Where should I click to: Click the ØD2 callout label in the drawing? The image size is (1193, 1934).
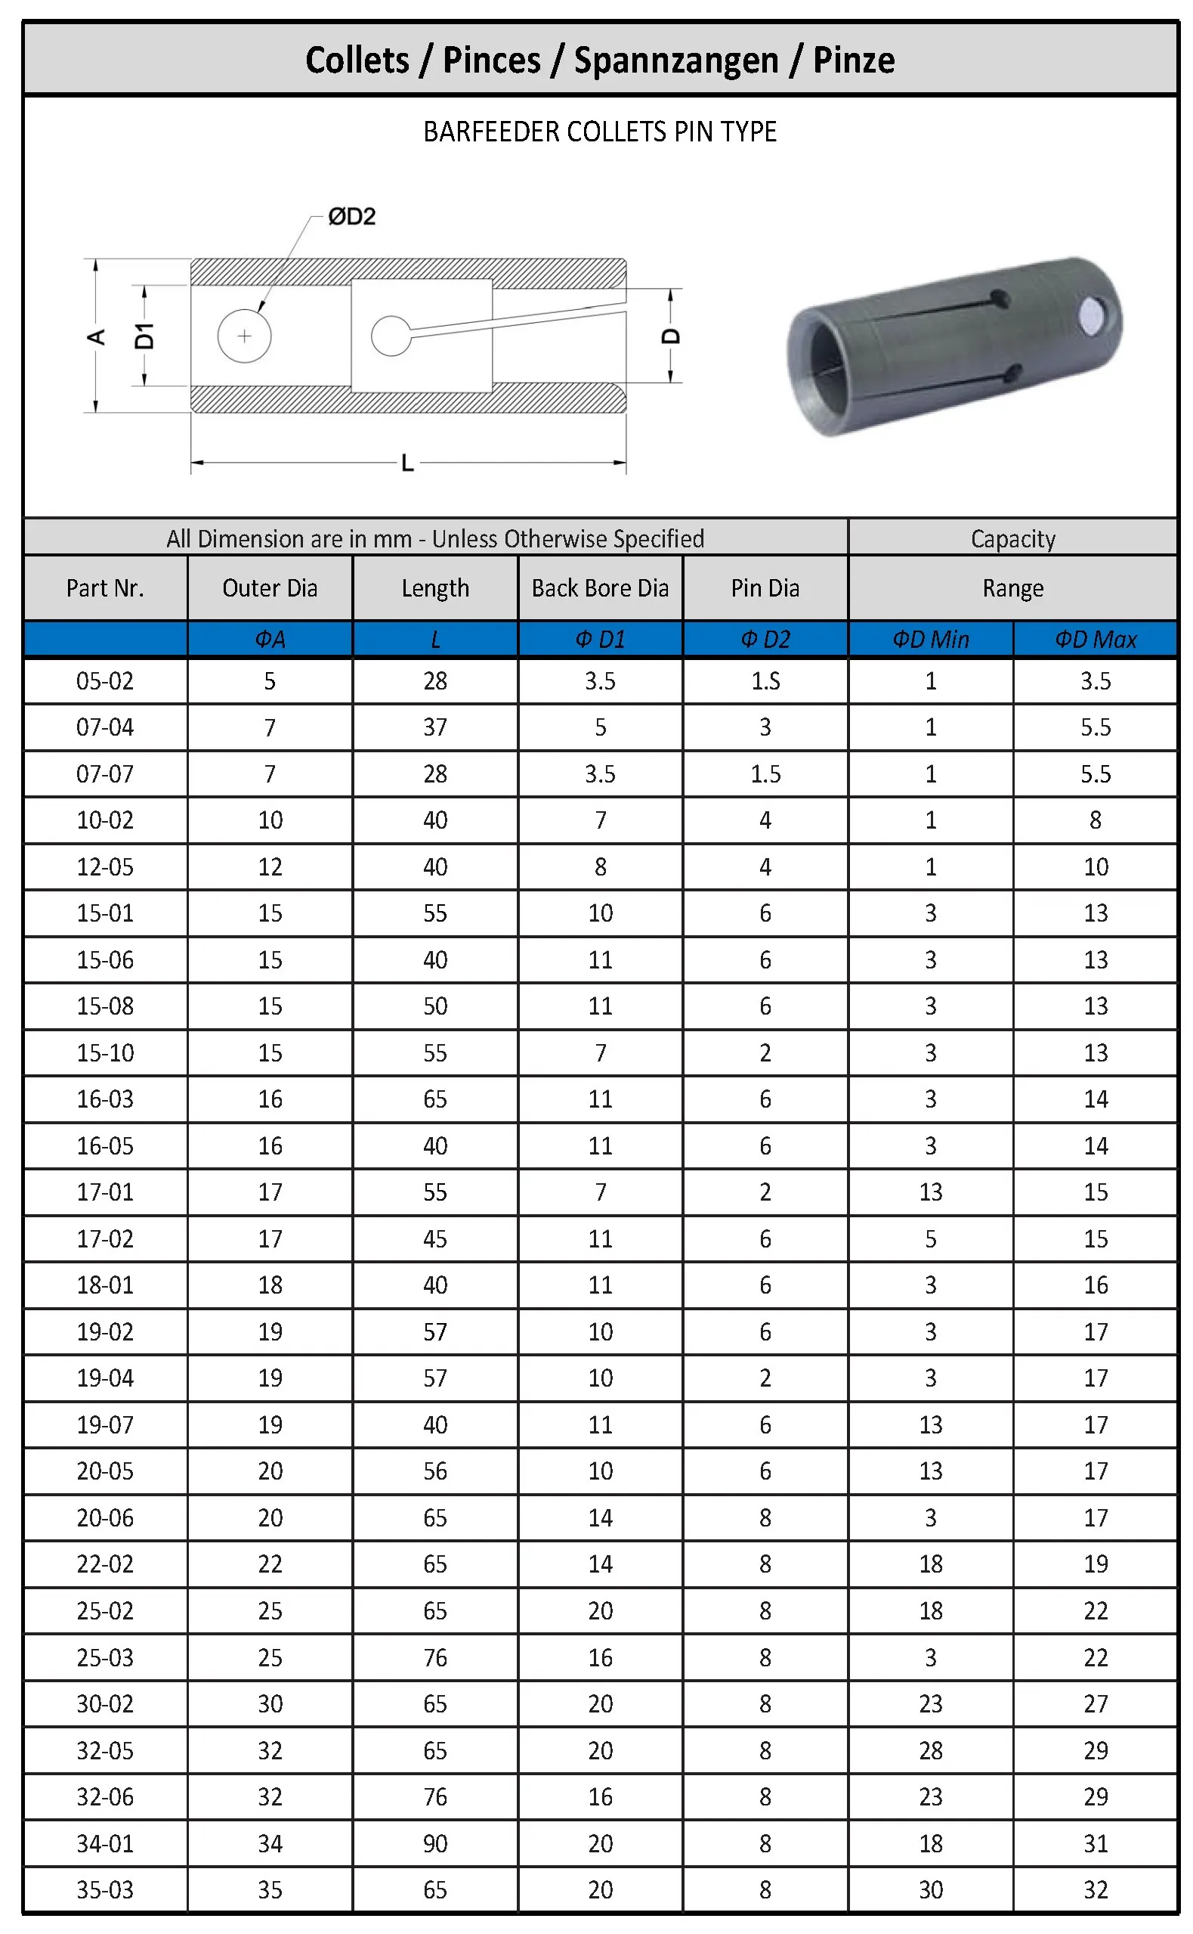click(352, 216)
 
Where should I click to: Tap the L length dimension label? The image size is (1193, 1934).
click(407, 463)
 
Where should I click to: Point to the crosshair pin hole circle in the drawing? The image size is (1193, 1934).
click(245, 336)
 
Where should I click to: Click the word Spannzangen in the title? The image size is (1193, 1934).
click(675, 60)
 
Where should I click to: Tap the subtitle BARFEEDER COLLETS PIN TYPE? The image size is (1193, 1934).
click(600, 132)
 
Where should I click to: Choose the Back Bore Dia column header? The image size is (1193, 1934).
click(600, 588)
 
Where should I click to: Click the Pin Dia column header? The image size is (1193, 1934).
click(765, 588)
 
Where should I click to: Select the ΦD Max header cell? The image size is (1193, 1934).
click(1096, 640)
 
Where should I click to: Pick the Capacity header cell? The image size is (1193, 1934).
click(1012, 538)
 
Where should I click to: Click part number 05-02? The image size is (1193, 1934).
click(105, 681)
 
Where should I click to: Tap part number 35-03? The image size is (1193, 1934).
click(105, 1890)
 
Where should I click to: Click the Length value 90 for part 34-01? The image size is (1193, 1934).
click(434, 1843)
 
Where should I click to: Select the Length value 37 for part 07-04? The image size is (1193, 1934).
click(434, 727)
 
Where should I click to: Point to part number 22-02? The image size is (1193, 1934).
click(105, 1564)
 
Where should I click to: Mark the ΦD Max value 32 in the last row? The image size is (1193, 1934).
click(1096, 1890)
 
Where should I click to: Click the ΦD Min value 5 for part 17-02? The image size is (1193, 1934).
click(930, 1238)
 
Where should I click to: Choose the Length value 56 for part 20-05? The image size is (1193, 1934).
click(434, 1471)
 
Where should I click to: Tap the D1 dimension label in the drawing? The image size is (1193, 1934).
click(144, 336)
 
